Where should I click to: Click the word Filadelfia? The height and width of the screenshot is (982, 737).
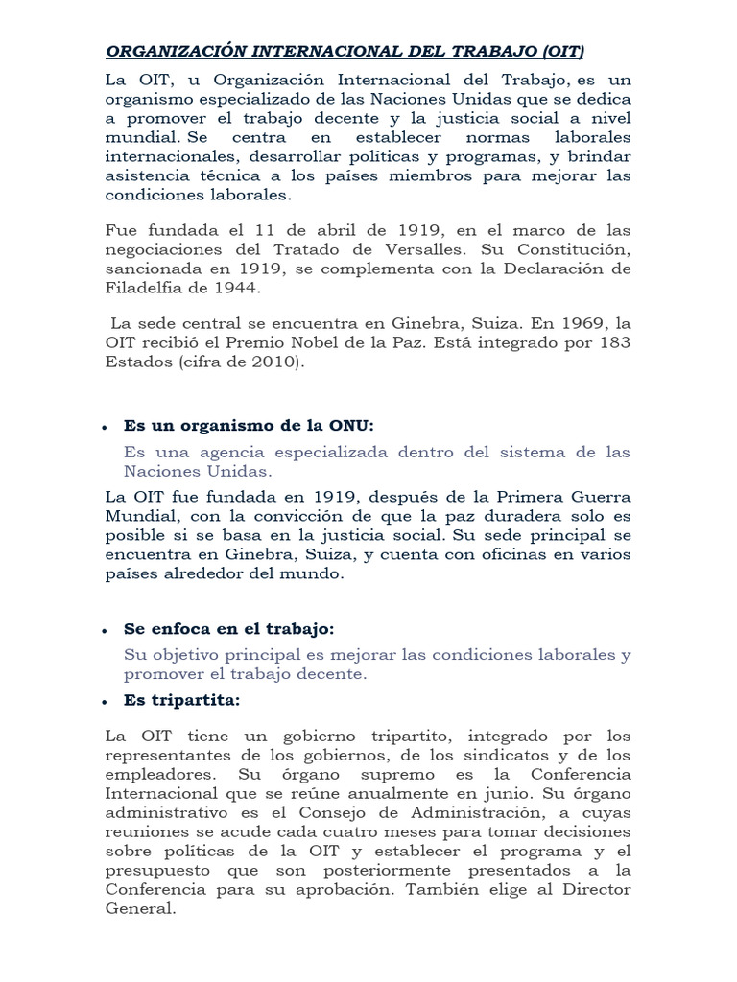click(x=141, y=287)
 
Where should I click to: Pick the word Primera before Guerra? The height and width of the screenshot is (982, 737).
click(x=533, y=497)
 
